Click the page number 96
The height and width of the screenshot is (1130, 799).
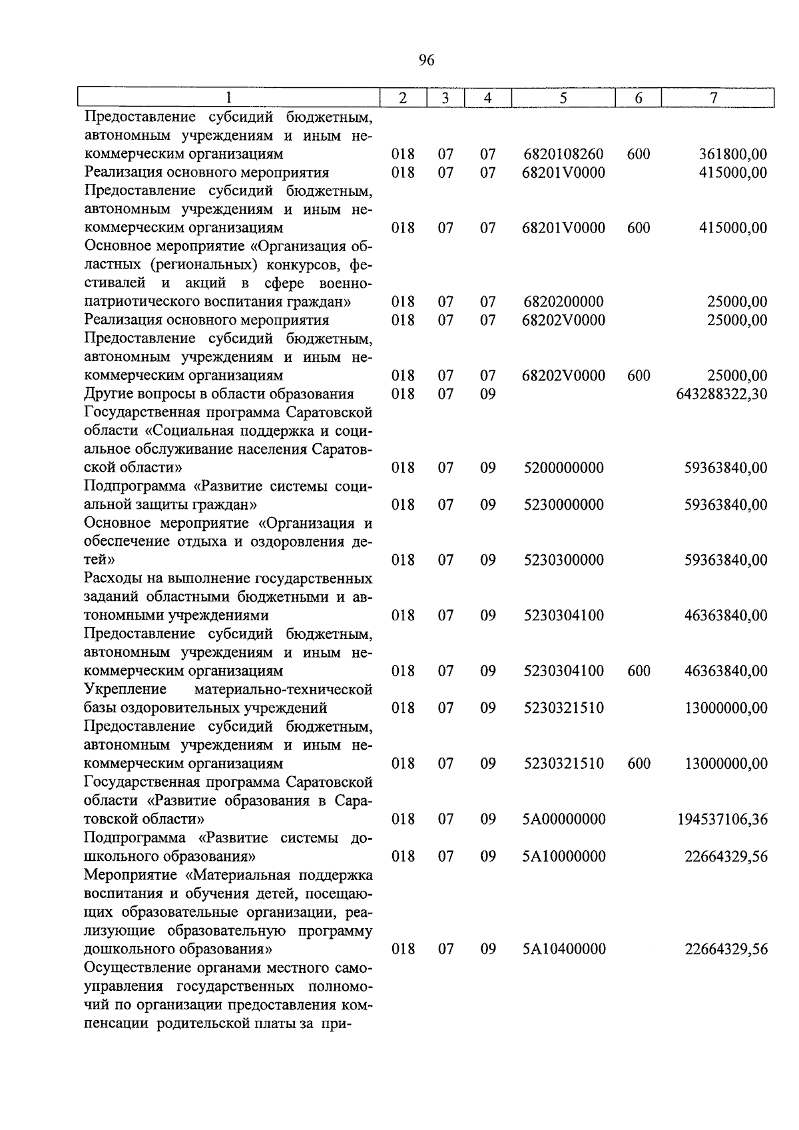click(x=427, y=61)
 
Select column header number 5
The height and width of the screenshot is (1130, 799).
click(x=563, y=98)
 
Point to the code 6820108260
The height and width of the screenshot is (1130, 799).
click(x=563, y=155)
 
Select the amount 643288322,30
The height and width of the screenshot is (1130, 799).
click(x=721, y=394)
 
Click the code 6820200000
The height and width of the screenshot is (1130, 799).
click(x=563, y=302)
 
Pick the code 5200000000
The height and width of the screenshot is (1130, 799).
click(x=563, y=468)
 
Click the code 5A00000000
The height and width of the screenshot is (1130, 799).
click(x=564, y=820)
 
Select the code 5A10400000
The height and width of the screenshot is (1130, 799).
click(x=564, y=949)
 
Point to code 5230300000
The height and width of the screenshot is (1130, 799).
click(x=563, y=560)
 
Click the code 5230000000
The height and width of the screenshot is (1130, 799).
click(x=563, y=505)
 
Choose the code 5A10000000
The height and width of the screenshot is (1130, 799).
click(x=564, y=856)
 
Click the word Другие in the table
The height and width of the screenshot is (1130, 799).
click(x=107, y=394)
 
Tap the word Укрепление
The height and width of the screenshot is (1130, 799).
click(x=126, y=690)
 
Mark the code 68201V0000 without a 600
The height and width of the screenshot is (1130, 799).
click(x=563, y=173)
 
